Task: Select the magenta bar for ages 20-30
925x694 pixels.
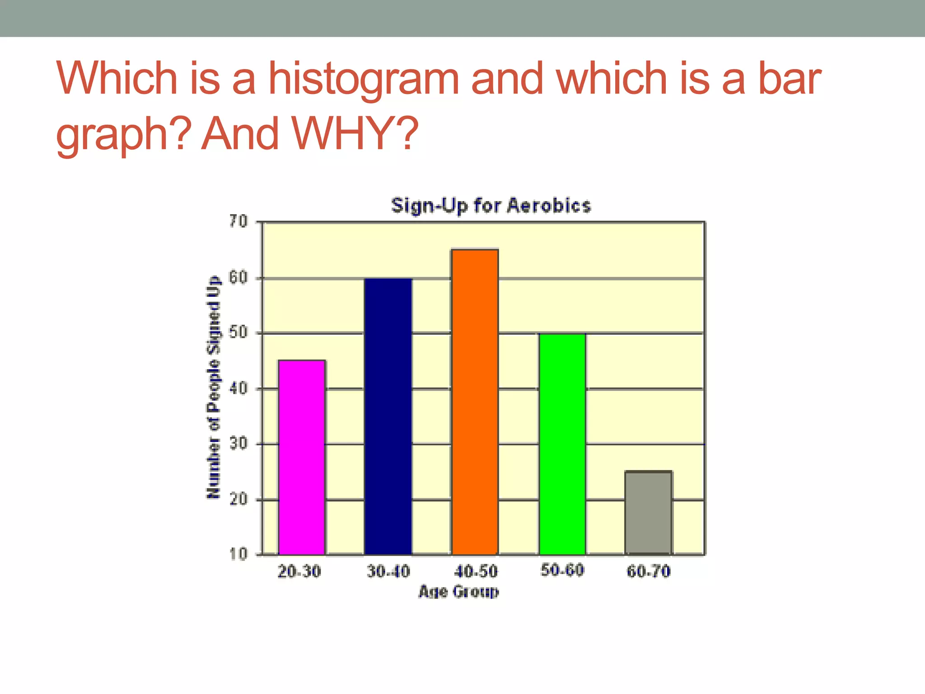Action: click(x=302, y=457)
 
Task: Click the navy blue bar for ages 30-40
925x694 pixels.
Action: click(x=388, y=417)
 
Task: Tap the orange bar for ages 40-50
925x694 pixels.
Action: click(x=475, y=402)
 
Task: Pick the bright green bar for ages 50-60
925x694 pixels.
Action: click(x=562, y=444)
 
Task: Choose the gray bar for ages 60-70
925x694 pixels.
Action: click(x=648, y=513)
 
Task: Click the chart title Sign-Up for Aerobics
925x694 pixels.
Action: click(x=491, y=206)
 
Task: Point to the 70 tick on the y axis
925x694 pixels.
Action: click(x=238, y=222)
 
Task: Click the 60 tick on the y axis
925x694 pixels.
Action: click(x=238, y=278)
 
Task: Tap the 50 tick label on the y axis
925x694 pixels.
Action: click(x=238, y=333)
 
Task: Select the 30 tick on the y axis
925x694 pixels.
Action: click(x=238, y=444)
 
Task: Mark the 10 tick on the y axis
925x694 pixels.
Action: click(x=238, y=554)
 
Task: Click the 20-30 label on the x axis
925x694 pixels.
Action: click(x=299, y=572)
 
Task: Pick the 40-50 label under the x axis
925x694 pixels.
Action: click(x=476, y=572)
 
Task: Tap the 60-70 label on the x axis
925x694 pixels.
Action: click(x=648, y=572)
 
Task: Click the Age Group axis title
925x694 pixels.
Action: click(x=458, y=591)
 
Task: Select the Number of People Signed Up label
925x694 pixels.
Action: click(x=213, y=388)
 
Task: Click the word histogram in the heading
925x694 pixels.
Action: click(x=364, y=79)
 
